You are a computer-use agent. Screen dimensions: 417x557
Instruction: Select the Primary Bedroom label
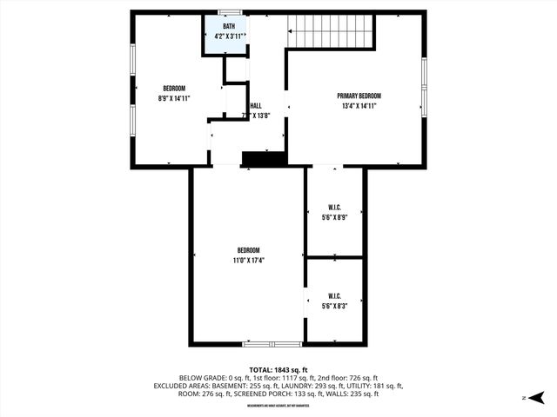click(359, 96)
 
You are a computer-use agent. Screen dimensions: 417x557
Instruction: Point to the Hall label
click(256, 106)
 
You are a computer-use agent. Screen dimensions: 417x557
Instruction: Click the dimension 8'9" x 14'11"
click(174, 98)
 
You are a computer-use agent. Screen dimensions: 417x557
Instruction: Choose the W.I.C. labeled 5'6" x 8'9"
click(334, 212)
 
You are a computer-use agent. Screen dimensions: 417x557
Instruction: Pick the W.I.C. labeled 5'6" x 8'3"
click(334, 301)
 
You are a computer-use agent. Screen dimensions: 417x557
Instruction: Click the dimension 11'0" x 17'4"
click(248, 260)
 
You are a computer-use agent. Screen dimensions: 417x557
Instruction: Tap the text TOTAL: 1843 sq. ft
click(278, 369)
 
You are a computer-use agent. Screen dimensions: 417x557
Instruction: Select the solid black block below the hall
click(264, 158)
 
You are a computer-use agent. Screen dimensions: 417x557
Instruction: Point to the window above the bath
click(230, 12)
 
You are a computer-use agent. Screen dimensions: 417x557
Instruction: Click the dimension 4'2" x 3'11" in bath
click(230, 36)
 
